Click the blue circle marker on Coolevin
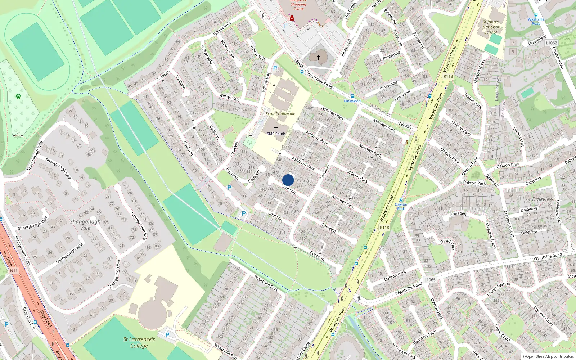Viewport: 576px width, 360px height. click(x=288, y=180)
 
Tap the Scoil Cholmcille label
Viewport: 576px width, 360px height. click(x=280, y=114)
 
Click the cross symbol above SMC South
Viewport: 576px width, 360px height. click(x=276, y=128)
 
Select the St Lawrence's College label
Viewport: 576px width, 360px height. click(x=139, y=342)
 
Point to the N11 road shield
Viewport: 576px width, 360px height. click(x=14, y=271)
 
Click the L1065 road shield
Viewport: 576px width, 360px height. click(x=430, y=280)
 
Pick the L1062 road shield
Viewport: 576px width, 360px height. click(x=551, y=43)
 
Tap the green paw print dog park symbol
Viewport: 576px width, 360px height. click(x=18, y=96)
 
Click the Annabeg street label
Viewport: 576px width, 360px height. click(x=458, y=214)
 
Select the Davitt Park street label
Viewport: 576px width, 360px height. click(x=448, y=244)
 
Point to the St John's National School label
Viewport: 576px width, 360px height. click(x=490, y=27)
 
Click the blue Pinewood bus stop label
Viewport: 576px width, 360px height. click(x=352, y=101)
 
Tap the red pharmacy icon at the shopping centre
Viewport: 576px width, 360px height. click(x=292, y=18)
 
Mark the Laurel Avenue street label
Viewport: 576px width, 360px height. click(x=498, y=289)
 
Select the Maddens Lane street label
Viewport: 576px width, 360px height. click(x=509, y=224)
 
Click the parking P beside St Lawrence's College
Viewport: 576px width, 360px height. click(x=167, y=335)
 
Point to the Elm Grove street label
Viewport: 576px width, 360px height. click(x=350, y=11)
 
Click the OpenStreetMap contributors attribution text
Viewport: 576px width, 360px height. click(x=548, y=357)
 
